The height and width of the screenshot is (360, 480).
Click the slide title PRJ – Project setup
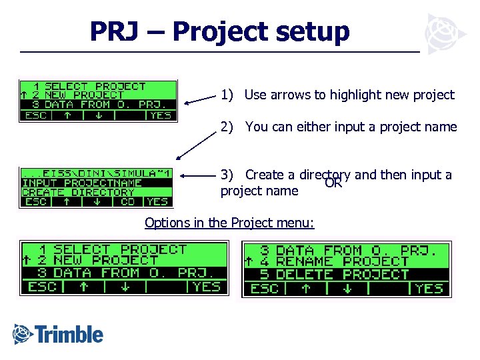click(219, 31)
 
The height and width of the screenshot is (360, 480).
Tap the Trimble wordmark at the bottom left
click(59, 334)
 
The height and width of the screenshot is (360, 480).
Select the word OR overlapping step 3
click(333, 183)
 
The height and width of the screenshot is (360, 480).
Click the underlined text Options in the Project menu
click(229, 223)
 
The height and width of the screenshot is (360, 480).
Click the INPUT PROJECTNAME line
click(82, 183)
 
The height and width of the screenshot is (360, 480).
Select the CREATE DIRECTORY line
click(79, 192)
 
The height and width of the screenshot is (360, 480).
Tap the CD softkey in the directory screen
click(127, 201)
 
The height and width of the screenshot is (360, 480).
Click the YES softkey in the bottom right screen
click(429, 288)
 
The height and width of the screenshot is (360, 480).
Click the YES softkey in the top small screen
click(161, 115)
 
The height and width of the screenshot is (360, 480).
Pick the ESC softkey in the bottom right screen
click(264, 288)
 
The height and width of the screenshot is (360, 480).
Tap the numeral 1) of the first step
click(227, 95)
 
